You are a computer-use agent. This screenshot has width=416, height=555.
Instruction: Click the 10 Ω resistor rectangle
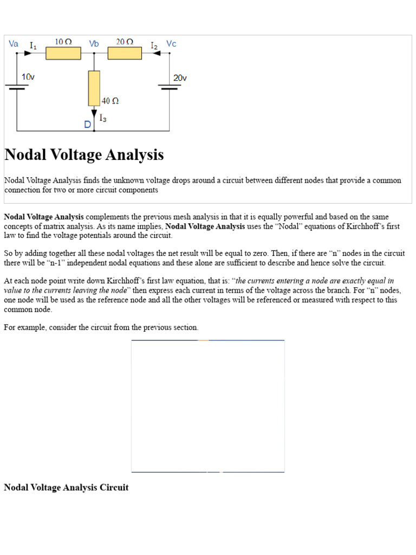tap(63, 53)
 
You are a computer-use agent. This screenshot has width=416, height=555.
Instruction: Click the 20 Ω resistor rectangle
tap(125, 53)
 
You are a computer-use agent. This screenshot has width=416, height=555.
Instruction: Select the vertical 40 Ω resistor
tap(94, 88)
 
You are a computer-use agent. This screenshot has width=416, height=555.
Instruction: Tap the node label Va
tap(14, 44)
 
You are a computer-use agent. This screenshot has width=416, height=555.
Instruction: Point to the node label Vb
tap(94, 44)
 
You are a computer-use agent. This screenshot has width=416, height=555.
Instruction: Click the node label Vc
tap(171, 44)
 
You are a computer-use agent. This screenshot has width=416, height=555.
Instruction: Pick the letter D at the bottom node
tap(87, 125)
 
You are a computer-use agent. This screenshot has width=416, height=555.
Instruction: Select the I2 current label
tap(154, 46)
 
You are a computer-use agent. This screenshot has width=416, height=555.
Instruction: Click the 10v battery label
tap(28, 78)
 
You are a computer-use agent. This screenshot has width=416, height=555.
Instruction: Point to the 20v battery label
tap(180, 78)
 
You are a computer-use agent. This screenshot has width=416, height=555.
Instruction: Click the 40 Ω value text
tap(110, 101)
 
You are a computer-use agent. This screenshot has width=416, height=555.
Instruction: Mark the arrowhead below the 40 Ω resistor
tap(94, 112)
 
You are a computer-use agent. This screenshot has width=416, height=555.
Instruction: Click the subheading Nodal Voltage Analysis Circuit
tap(66, 487)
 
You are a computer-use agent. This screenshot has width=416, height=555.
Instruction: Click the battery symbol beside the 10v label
tap(18, 87)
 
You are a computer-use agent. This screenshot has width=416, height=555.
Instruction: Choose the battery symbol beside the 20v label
tap(170, 87)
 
